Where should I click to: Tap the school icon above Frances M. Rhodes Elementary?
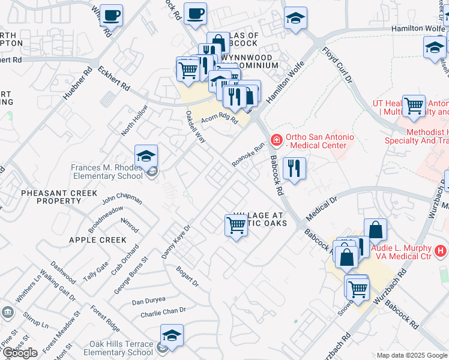(x=146, y=157)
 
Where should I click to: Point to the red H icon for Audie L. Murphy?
(x=441, y=250)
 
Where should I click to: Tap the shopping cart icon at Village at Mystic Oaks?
(x=237, y=226)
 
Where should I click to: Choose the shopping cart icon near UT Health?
(x=414, y=107)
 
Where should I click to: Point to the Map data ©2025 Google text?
(x=412, y=355)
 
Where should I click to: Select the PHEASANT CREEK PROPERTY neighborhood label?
(x=50, y=197)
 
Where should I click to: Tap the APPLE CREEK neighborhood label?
(x=98, y=240)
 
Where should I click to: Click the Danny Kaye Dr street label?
(x=176, y=242)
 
